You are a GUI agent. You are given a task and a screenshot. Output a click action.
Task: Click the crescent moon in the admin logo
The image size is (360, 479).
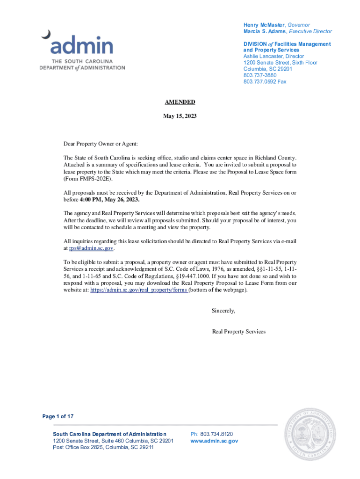coord(46,34)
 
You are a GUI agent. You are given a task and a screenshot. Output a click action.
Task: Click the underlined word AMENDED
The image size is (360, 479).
coord(180,102)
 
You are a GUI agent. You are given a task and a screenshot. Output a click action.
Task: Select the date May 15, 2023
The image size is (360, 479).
coord(180,116)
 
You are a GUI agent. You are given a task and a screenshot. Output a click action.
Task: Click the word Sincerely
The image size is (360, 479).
coord(223,311)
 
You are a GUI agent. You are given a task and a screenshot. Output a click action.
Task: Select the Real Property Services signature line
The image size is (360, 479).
coord(238,332)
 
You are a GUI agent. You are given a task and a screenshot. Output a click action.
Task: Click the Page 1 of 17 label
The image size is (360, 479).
coord(58,416)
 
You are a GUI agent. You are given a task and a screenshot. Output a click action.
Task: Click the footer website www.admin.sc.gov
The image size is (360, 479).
coord(215,441)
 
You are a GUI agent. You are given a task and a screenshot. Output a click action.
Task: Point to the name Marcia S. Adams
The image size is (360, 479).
coord(265,31)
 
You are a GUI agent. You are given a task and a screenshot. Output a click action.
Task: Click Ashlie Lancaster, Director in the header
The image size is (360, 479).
coord(274,57)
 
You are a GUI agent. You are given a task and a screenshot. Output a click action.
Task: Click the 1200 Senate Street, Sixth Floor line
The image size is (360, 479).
coord(280,63)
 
